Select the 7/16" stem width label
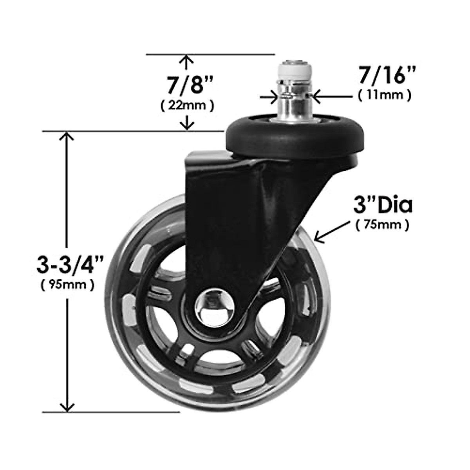382,76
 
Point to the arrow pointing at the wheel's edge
333,232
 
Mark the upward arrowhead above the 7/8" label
188,60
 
